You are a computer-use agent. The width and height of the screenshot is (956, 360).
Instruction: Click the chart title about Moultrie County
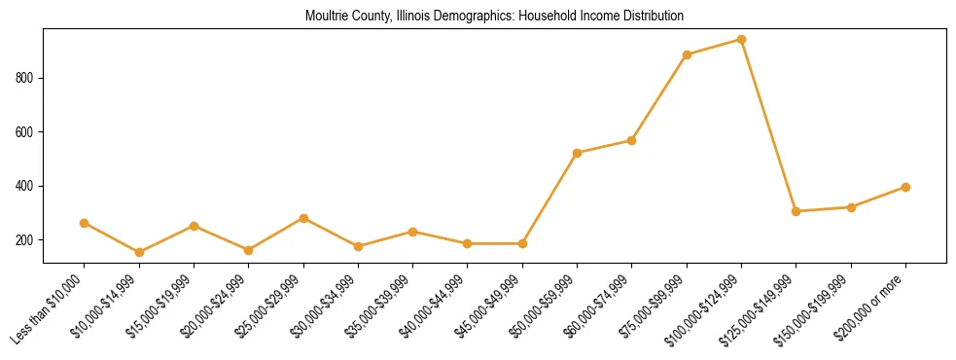494,16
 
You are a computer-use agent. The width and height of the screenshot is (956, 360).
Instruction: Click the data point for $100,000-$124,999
741,40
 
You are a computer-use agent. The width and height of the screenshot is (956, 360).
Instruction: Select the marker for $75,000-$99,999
687,54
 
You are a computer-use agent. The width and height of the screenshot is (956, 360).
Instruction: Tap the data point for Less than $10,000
85,223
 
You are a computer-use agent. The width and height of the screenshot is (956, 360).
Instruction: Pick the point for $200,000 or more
905,187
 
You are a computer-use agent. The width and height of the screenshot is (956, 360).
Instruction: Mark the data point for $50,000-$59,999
577,153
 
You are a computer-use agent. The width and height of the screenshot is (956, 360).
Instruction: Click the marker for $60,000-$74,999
632,140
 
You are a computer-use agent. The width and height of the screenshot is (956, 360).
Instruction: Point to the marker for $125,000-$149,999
796,211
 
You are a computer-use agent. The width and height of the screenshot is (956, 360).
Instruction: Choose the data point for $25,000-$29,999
303,218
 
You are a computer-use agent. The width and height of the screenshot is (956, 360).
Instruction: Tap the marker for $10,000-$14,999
139,252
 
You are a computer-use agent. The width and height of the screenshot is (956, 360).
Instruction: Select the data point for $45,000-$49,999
522,243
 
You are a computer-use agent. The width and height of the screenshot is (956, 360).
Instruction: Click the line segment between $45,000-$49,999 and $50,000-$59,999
549,198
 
